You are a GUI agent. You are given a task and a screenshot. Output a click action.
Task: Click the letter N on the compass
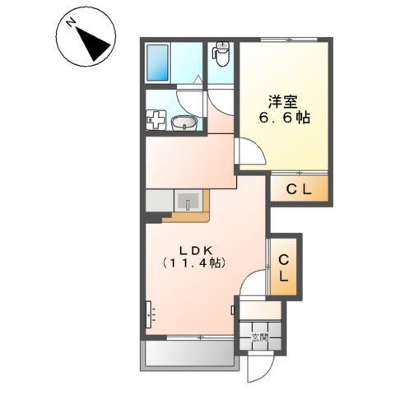[x=72, y=26]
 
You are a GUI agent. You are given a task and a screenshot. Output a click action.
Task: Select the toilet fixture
[x=221, y=54]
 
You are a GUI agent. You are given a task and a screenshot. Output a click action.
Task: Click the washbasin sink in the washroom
[x=184, y=124]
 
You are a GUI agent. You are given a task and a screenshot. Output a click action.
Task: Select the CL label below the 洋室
[x=298, y=190]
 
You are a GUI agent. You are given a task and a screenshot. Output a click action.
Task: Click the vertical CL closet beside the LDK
[x=284, y=269]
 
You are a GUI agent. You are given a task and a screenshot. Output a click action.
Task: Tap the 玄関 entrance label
[x=260, y=337]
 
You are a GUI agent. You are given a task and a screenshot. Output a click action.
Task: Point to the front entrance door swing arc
[x=257, y=360]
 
